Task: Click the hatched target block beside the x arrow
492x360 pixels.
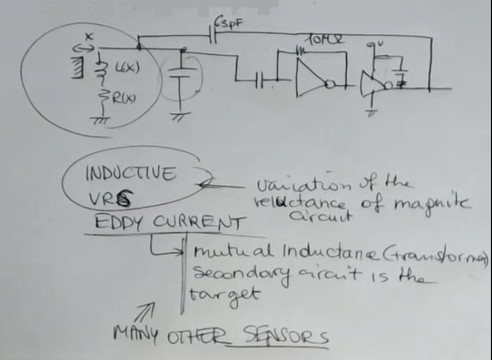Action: pyautogui.click(x=78, y=68)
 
